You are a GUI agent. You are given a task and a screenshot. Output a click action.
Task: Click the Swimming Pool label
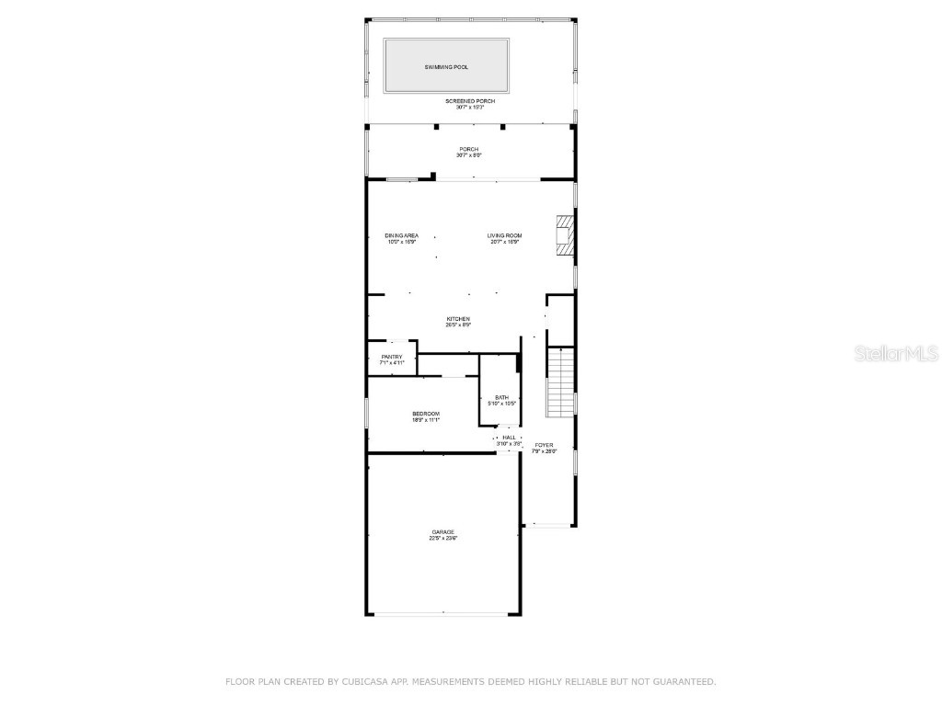tap(446, 67)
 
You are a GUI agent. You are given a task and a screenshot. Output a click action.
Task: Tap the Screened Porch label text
tap(470, 100)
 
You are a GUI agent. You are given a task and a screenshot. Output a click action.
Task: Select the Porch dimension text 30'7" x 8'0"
tap(470, 155)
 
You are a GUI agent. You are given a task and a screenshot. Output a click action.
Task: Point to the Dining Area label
tap(401, 235)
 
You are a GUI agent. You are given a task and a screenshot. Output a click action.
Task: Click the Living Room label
tap(504, 235)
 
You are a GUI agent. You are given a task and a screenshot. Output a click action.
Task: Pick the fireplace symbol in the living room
tap(564, 235)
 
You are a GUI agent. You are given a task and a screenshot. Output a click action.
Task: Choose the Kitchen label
tap(458, 319)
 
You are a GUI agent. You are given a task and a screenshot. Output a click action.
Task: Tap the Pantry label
tap(392, 357)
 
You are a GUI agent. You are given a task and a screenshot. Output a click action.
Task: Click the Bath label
tap(501, 397)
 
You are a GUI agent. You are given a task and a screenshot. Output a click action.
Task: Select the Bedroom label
tap(426, 414)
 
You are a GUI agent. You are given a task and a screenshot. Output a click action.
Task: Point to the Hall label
tap(509, 438)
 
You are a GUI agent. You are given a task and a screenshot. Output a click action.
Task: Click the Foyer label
tap(545, 445)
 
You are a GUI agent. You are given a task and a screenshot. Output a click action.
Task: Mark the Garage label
tap(443, 532)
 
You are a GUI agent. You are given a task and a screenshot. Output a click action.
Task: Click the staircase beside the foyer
tap(560, 381)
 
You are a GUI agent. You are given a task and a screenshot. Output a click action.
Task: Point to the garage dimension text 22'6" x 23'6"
tap(443, 539)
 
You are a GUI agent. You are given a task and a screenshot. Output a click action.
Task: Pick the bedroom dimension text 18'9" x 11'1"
tap(426, 420)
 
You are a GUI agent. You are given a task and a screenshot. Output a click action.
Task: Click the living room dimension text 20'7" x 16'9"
tap(504, 242)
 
